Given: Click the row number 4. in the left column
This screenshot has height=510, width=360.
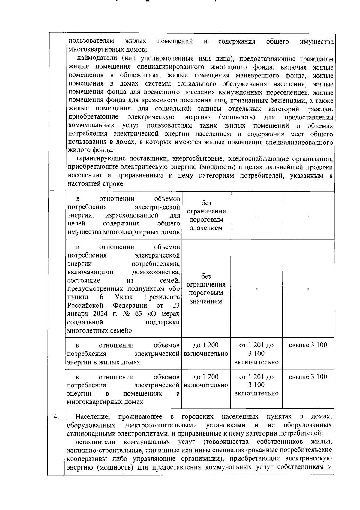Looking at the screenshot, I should [x=56, y=417].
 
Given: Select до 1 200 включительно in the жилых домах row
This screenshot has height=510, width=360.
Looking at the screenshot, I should [x=206, y=349].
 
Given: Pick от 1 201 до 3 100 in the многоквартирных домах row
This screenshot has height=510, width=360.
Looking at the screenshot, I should [x=256, y=385].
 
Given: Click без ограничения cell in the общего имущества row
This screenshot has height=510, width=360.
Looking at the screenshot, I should [x=206, y=216].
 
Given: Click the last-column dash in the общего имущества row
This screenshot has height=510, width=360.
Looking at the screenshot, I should [x=308, y=216].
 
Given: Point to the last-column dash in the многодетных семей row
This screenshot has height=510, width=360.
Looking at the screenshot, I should [x=308, y=289].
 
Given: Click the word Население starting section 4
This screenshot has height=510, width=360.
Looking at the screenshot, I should [x=93, y=417].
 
